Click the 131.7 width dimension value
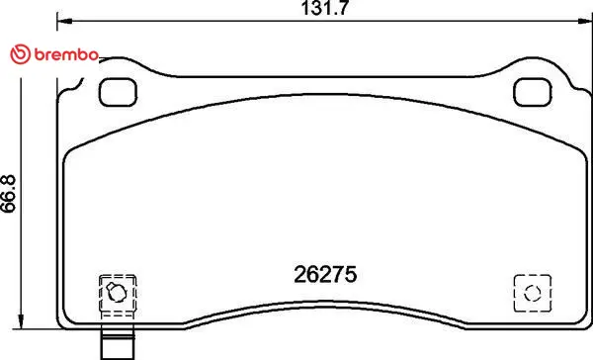tap(324, 8)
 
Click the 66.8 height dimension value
tap(8, 193)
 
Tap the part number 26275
tap(325, 274)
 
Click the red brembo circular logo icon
tap(20, 54)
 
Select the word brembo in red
tap(66, 54)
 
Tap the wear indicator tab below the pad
tap(118, 342)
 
